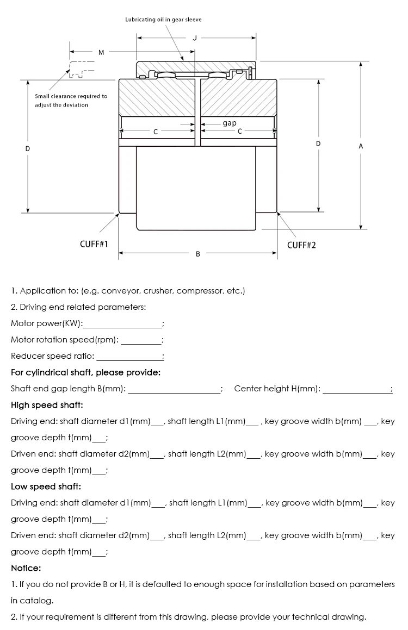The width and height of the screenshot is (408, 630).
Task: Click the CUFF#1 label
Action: (94, 244)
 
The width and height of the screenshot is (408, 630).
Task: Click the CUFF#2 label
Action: (301, 245)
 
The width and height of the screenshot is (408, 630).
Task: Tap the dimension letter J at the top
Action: (195, 38)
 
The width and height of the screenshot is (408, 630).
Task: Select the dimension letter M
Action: (101, 52)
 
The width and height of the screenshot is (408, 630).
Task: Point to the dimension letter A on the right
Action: (360, 146)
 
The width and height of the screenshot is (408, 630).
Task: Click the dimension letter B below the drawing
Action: (197, 254)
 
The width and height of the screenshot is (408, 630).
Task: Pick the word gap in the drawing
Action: (230, 123)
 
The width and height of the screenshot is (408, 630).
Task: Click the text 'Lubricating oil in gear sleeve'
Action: (163, 20)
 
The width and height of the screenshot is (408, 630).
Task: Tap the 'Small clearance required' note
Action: (71, 101)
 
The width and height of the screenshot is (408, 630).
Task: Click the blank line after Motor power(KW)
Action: (122, 325)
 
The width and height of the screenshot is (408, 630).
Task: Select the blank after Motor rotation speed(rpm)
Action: (141, 341)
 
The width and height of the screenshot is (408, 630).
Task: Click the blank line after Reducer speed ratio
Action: (129, 357)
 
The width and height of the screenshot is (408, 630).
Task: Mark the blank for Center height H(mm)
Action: (356, 390)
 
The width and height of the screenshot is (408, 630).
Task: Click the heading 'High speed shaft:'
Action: (47, 405)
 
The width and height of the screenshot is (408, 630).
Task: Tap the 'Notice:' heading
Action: (26, 568)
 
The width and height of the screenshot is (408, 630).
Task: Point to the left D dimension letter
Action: (28, 148)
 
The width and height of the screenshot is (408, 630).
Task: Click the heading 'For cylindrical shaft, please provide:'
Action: (85, 372)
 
